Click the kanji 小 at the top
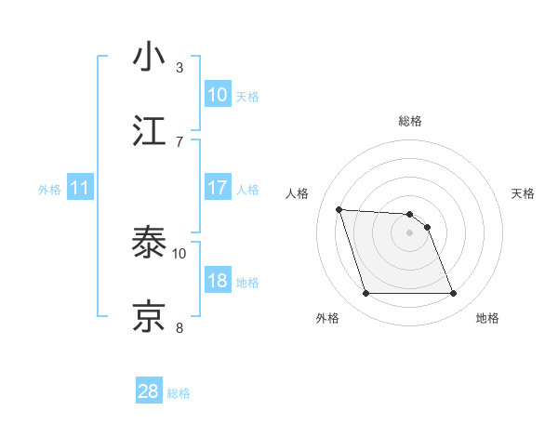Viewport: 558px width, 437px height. [150, 58]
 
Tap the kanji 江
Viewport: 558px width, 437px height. [150, 131]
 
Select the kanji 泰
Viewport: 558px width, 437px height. [150, 243]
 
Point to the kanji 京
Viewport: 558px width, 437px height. [150, 316]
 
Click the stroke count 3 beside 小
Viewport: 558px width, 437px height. [179, 68]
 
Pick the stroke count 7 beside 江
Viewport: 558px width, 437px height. [179, 141]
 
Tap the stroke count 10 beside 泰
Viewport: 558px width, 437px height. [179, 253]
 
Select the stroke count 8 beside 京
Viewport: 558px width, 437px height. [179, 326]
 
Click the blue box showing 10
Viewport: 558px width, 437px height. [218, 95]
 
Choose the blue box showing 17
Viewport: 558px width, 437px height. [218, 188]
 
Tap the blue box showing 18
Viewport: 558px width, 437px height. [218, 281]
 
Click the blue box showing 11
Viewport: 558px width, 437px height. [80, 189]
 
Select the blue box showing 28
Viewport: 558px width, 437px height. [149, 391]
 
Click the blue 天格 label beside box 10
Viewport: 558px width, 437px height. [247, 97]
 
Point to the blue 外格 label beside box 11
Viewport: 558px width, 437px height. [49, 190]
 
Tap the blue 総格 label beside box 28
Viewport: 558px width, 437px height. [179, 393]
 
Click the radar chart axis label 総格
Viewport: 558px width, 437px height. [409, 122]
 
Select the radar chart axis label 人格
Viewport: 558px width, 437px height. [299, 193]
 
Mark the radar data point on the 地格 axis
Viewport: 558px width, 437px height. [453, 294]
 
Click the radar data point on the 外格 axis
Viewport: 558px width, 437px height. [365, 294]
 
